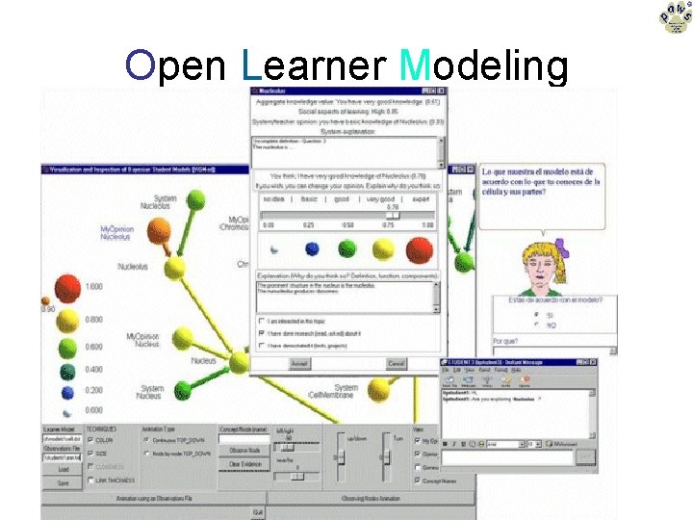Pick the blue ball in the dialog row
coord(312,249)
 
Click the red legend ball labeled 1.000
coord(66,287)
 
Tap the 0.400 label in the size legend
coord(94,370)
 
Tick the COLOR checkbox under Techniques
coord(90,440)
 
